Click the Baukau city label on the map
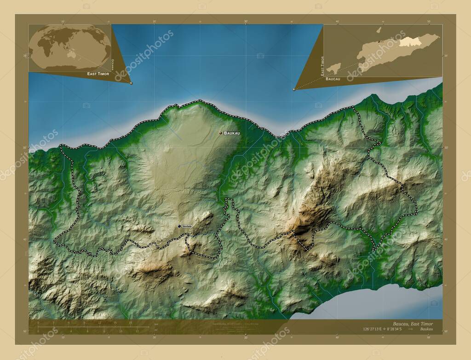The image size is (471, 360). [231, 133]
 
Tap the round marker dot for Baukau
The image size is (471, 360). [221, 133]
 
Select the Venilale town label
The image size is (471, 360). [187, 226]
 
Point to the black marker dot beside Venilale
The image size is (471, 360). [179, 226]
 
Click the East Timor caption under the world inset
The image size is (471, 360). [98, 74]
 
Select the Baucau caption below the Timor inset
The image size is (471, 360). [333, 79]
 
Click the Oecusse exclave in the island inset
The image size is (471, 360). [334, 68]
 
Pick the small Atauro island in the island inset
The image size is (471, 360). [379, 30]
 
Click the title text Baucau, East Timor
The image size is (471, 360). [413, 324]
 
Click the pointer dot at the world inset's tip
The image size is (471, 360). [131, 83]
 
